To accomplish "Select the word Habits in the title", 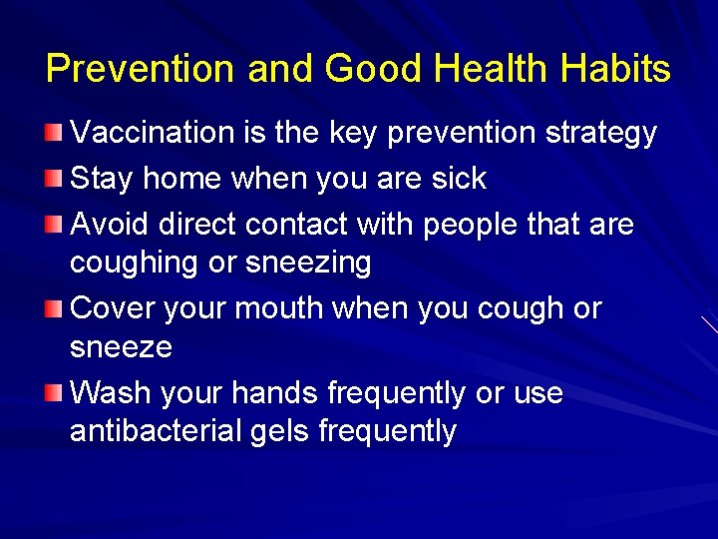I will [615, 69].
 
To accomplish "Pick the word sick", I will [460, 179].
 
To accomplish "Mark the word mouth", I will [274, 308].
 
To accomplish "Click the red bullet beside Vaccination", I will [53, 133].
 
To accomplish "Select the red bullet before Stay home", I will [53, 178].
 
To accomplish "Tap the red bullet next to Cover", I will [53, 307].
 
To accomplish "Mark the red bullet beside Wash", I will [53, 392].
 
